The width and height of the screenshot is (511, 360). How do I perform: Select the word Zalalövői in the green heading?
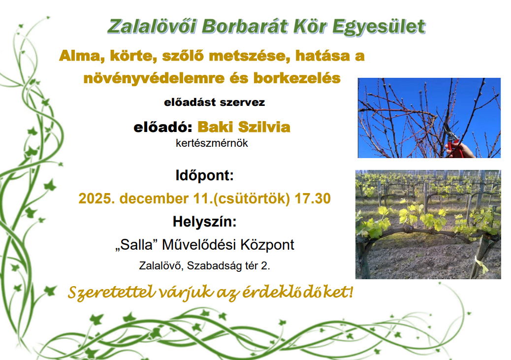[152, 26]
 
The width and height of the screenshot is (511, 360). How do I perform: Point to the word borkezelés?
[297, 78]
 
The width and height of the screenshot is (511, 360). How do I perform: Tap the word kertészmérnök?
[212, 143]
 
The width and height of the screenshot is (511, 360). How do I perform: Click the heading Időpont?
[205, 175]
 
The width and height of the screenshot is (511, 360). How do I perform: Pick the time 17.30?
[313, 198]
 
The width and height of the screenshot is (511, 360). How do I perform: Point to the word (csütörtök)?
[251, 198]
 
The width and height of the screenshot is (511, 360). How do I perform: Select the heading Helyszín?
[205, 222]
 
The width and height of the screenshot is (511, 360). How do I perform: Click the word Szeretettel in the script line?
[111, 292]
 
